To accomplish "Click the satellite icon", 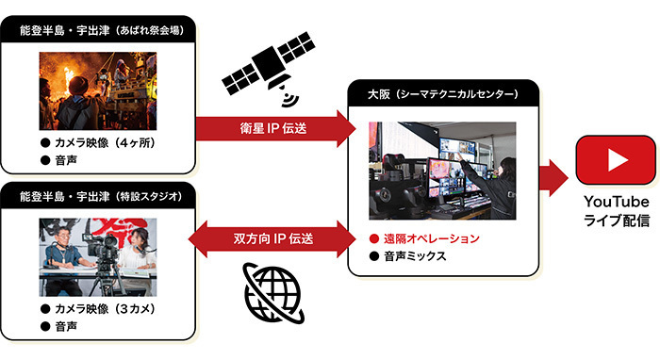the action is (270, 67).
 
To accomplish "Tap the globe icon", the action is (273, 293).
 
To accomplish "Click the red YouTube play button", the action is (616, 160).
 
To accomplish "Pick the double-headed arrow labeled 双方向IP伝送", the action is (272, 238).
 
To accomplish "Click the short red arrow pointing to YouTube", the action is (553, 177).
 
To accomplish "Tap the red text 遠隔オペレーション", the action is (432, 238).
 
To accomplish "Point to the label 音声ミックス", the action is (415, 256).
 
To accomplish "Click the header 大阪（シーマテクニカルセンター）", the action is (443, 94).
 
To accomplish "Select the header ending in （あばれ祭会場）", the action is (102, 30).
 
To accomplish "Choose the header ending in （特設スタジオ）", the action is (101, 196).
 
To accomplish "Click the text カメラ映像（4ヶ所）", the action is (106, 143).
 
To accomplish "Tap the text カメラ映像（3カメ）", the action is (106, 309).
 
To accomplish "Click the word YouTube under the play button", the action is (617, 202).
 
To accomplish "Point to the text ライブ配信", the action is (617, 221).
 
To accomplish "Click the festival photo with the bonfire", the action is (98, 90).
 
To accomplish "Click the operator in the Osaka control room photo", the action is (497, 185).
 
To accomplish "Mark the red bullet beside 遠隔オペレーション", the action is (373, 238).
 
